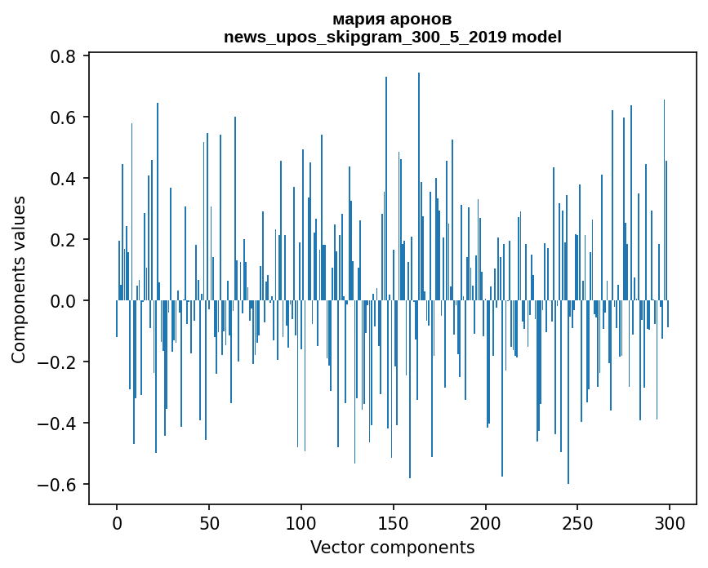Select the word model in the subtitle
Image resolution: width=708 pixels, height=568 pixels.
pos(537,37)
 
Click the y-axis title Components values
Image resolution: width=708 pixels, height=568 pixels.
pos(19,279)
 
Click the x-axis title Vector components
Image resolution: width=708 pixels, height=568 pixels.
pos(392,547)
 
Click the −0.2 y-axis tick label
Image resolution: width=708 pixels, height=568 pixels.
pos(58,362)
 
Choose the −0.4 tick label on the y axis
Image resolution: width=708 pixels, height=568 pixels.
pos(58,424)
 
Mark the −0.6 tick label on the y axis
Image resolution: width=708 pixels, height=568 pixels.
pos(58,485)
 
